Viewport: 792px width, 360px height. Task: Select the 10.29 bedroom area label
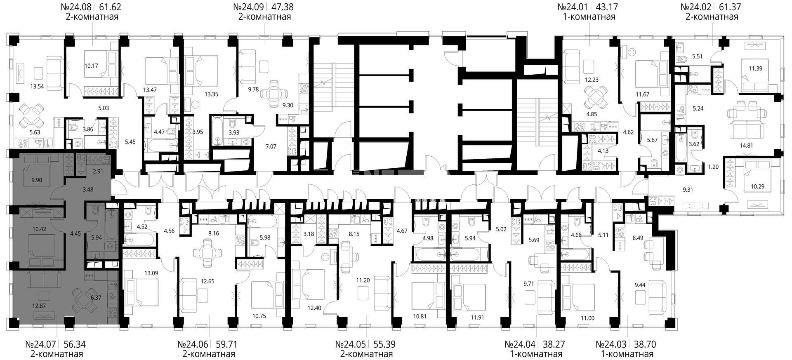[757, 186]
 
